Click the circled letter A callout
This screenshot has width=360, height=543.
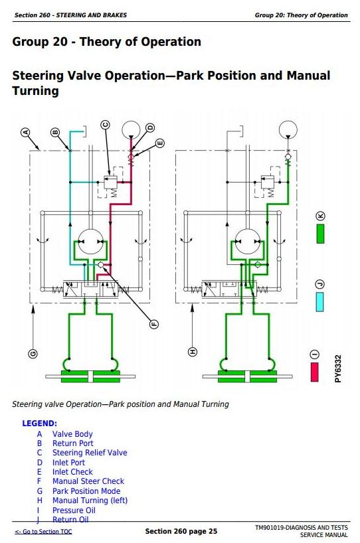pyautogui.click(x=25, y=132)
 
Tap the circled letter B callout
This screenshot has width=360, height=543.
pyautogui.click(x=55, y=132)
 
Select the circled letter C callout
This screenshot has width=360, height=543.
pyautogui.click(x=106, y=125)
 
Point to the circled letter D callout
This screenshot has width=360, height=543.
pyautogui.click(x=150, y=127)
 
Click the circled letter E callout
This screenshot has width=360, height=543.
pyautogui.click(x=159, y=143)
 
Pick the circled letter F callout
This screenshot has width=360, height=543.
pyautogui.click(x=154, y=324)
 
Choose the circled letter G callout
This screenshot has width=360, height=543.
pyautogui.click(x=33, y=354)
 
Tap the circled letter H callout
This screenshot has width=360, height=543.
pyautogui.click(x=193, y=352)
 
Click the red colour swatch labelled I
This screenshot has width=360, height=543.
pyautogui.click(x=315, y=372)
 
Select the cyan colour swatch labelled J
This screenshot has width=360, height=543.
pyautogui.click(x=319, y=302)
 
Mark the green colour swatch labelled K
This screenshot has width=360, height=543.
pyautogui.click(x=321, y=234)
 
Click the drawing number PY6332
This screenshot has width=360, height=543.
pyautogui.click(x=338, y=369)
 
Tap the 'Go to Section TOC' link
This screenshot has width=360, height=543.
pyautogui.click(x=44, y=532)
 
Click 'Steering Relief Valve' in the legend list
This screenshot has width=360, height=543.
pyautogui.click(x=90, y=453)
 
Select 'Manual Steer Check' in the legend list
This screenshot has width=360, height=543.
pyautogui.click(x=88, y=481)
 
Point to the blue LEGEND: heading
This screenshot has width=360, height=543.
pyautogui.click(x=39, y=424)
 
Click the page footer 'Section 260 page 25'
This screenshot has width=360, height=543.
pyautogui.click(x=181, y=531)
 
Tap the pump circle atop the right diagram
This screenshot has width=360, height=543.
pyautogui.click(x=288, y=130)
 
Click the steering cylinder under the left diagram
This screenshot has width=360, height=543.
pyautogui.click(x=90, y=376)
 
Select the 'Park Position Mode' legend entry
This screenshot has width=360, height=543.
pyautogui.click(x=86, y=491)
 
